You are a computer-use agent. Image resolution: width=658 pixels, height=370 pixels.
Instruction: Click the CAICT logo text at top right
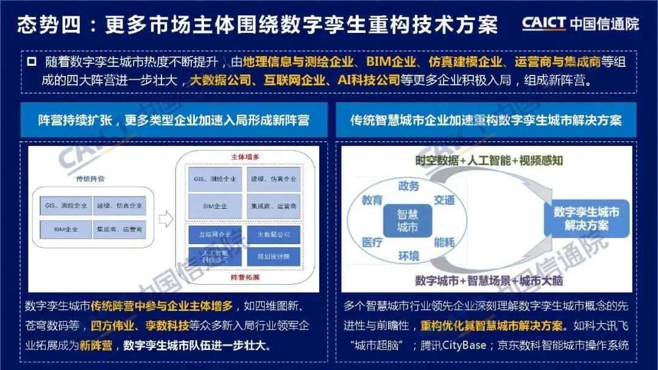pyautogui.click(x=544, y=24)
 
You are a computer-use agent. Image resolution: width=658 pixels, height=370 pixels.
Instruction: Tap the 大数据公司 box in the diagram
pyautogui.click(x=274, y=234)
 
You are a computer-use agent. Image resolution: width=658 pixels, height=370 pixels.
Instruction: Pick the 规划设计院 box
pyautogui.click(x=274, y=256)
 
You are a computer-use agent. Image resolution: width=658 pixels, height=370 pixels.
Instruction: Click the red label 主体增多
pyautogui.click(x=246, y=156)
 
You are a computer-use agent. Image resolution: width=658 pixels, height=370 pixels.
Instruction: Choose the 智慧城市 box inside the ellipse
pyautogui.click(x=408, y=221)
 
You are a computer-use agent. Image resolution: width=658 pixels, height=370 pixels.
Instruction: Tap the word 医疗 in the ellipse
pyautogui.click(x=372, y=242)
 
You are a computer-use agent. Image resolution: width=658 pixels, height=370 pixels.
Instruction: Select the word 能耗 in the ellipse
pyautogui.click(x=444, y=242)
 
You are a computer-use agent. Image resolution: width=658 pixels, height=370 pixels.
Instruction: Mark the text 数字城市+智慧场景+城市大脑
pyautogui.click(x=489, y=281)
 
